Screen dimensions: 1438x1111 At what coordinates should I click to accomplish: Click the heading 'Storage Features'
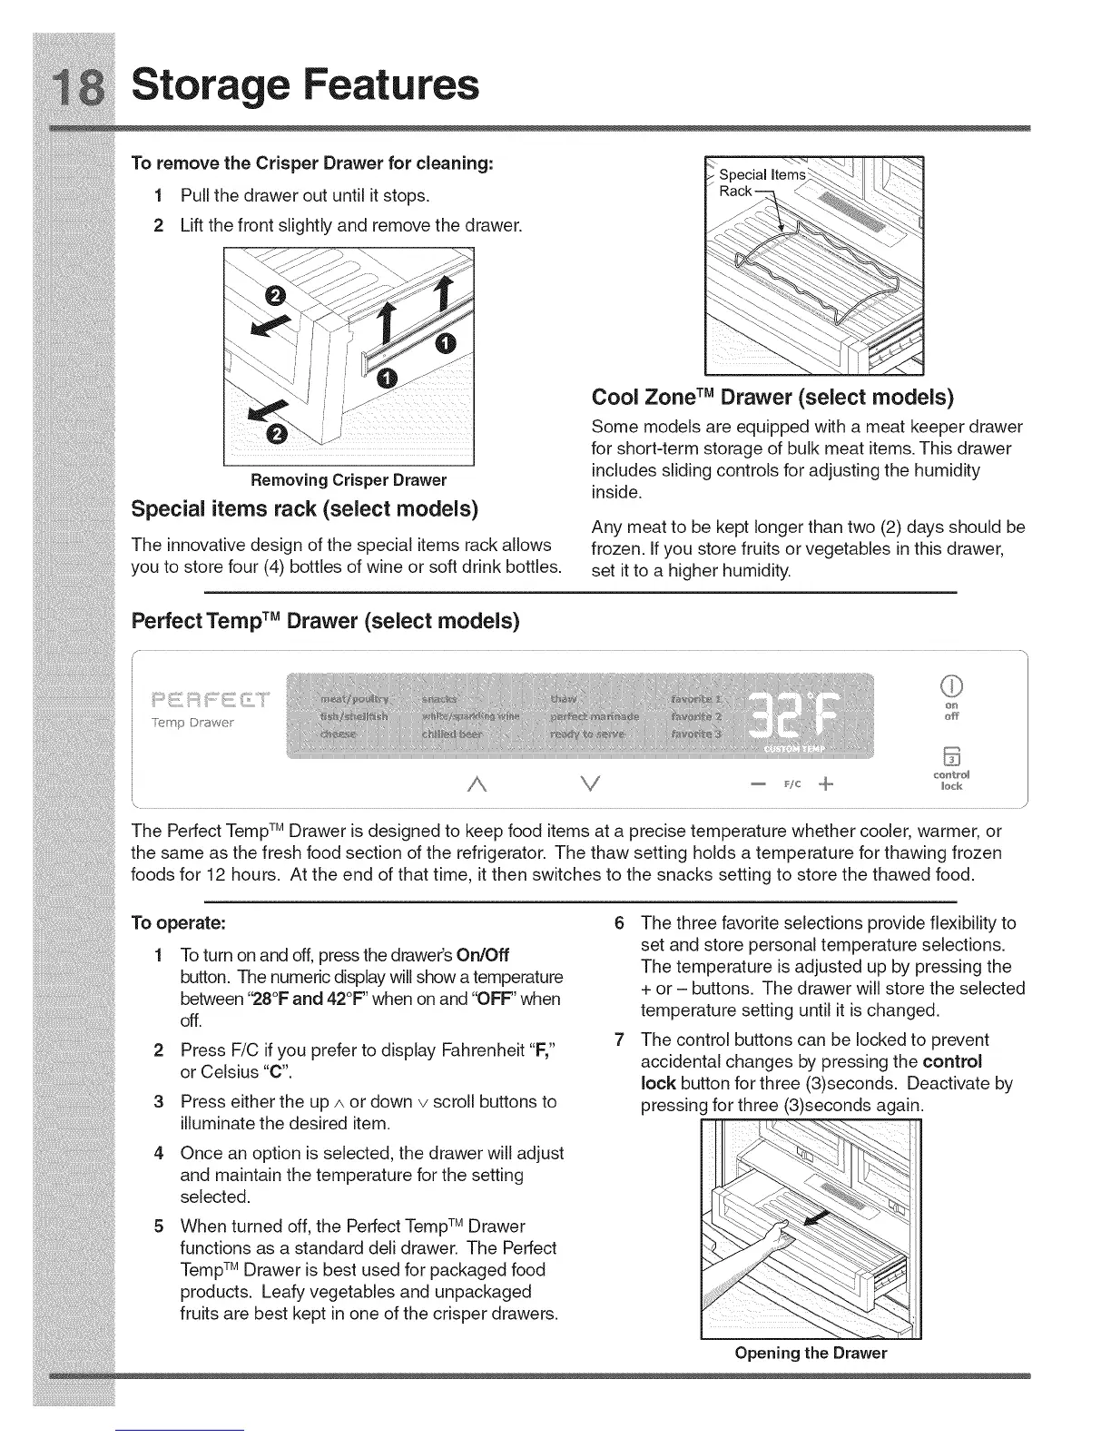(x=305, y=84)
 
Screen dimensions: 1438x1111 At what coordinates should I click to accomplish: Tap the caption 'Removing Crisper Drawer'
(x=349, y=479)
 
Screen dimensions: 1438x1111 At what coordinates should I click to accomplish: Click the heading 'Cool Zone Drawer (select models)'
(x=772, y=397)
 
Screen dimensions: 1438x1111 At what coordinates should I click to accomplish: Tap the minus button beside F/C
(x=758, y=783)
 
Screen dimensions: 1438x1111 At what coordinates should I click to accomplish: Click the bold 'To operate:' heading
(x=179, y=923)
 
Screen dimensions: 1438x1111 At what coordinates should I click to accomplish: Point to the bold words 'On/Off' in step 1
(x=483, y=955)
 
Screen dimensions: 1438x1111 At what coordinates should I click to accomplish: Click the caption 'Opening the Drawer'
(x=811, y=1353)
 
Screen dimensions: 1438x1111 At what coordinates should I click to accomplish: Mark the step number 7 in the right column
(x=619, y=1039)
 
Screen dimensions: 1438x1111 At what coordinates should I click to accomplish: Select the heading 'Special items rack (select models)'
(x=305, y=507)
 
